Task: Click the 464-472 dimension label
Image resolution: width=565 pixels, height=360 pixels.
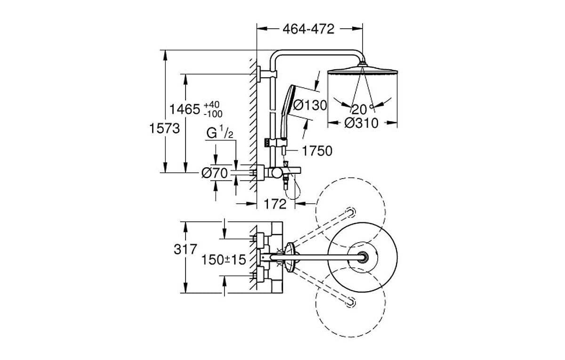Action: pos(309,29)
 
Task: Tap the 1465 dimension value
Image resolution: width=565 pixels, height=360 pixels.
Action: pos(185,109)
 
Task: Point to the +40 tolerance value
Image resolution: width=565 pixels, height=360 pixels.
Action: pos(212,104)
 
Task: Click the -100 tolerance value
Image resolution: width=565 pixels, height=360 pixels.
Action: pos(213,114)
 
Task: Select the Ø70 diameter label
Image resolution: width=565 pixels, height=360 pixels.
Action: pos(214,173)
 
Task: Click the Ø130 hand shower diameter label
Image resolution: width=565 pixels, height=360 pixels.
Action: pos(309,105)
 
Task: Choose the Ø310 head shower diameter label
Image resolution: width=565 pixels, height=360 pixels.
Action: pos(361,123)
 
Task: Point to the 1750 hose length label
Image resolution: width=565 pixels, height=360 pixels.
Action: pos(317,151)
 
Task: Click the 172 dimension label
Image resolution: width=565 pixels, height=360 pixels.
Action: pos(275,204)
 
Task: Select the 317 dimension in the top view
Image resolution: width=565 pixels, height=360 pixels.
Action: pos(185,249)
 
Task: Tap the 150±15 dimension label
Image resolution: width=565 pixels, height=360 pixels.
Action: pos(224,260)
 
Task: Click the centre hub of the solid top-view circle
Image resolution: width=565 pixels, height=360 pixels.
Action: pos(362,257)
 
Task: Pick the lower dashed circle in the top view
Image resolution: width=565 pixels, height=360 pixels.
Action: pos(351,302)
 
